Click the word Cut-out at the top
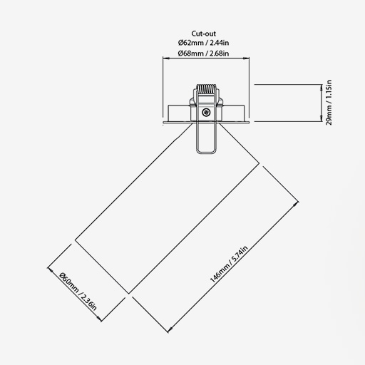pyautogui.click(x=204, y=34)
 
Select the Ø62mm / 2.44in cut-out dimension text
pyautogui.click(x=204, y=43)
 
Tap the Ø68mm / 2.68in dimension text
pyautogui.click(x=204, y=53)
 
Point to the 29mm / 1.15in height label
pyautogui.click(x=329, y=103)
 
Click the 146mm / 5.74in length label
pyautogui.click(x=229, y=264)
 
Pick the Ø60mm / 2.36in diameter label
pyautogui.click(x=78, y=292)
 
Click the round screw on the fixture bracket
pyautogui.click(x=206, y=112)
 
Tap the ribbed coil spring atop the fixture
pyautogui.click(x=206, y=90)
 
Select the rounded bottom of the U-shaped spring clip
pyautogui.click(x=206, y=152)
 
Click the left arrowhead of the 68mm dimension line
pyautogui.click(x=165, y=58)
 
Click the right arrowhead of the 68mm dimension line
pyautogui.click(x=247, y=58)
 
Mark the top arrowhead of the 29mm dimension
pyautogui.click(x=322, y=87)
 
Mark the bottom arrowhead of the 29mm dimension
pyautogui.click(x=322, y=119)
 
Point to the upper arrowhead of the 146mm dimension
pyautogui.click(x=296, y=204)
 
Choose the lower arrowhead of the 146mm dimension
pyautogui.click(x=170, y=330)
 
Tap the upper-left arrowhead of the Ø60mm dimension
pyautogui.click(x=50, y=269)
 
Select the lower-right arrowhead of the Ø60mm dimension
pyautogui.click(x=99, y=319)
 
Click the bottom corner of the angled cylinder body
pyautogui.click(x=129, y=294)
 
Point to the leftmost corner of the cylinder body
pyautogui.click(x=75, y=240)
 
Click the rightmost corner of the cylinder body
pyautogui.click(x=259, y=163)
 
